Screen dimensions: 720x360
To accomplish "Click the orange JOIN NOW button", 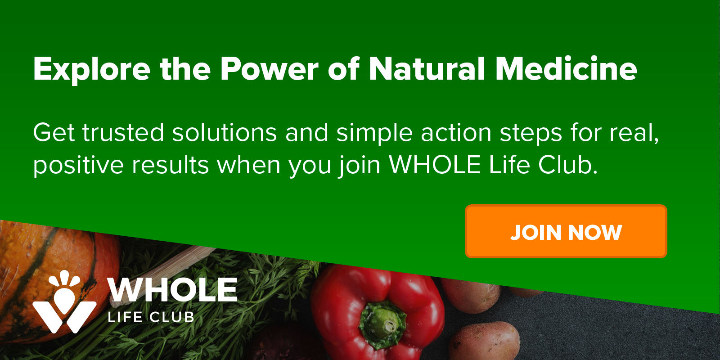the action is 566,231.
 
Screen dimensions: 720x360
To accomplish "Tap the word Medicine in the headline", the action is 566,68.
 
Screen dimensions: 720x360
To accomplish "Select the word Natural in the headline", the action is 427,68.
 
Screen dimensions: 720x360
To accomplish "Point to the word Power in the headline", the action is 270,69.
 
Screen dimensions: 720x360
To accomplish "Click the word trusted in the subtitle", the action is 123,132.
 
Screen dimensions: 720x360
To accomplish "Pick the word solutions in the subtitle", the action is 225,132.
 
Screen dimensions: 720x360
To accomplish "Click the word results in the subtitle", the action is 171,165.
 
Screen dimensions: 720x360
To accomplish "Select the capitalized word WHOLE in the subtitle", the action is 435,165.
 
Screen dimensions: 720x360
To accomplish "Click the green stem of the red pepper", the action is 382,322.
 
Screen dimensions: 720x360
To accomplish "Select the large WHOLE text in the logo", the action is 173,290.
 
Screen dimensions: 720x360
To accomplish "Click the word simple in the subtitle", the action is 374,133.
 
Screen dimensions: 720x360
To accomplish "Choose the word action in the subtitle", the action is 456,132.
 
